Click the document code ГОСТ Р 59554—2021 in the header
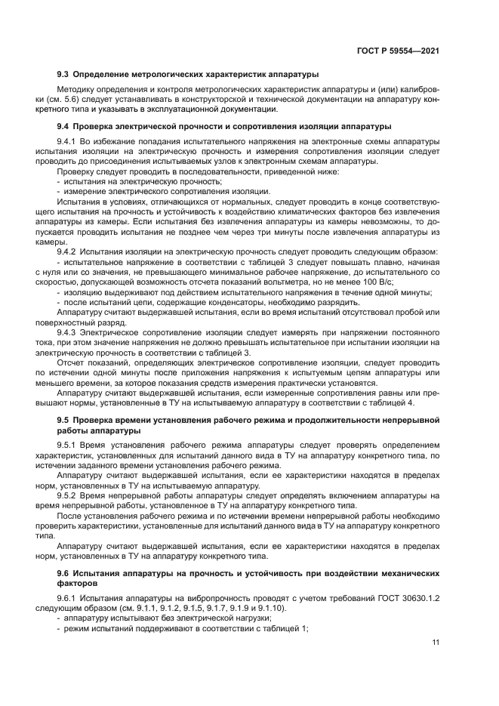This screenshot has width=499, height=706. [398, 51]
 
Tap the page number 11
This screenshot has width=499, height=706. [436, 643]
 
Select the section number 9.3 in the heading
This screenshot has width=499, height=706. [63, 74]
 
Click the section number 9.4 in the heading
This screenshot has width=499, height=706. [63, 125]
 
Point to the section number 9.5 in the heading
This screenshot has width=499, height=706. [63, 419]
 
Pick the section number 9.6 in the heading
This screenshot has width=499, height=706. [63, 574]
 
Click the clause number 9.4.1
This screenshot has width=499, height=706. [66, 141]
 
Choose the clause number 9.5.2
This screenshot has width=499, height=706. [66, 495]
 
